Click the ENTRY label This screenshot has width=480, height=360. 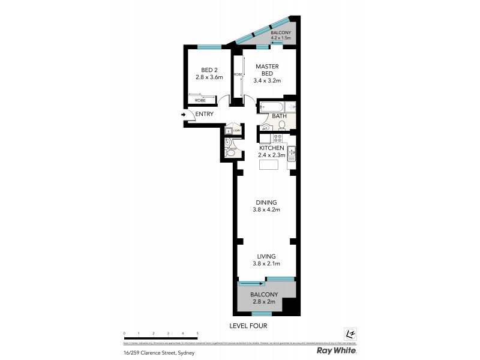(204, 114)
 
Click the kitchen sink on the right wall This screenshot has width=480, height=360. (292, 155)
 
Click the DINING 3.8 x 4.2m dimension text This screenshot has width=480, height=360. (268, 209)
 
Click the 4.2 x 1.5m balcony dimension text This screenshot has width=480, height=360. (281, 38)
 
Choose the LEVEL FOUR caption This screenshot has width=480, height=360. (248, 326)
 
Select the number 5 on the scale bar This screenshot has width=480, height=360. (197, 332)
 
